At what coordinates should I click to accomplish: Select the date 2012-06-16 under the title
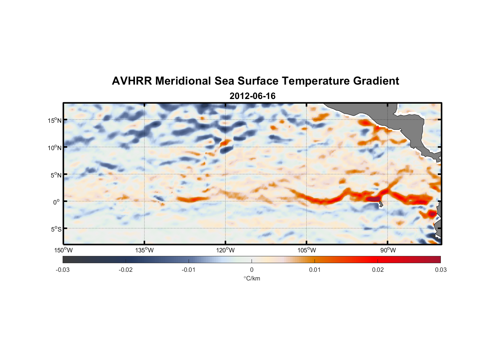(252, 96)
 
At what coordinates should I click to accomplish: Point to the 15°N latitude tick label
(55, 120)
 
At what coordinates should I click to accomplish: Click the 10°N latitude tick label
(55, 148)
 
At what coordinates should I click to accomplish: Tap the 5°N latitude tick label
(56, 175)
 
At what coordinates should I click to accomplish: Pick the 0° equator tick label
(56, 202)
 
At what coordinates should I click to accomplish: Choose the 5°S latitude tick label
(56, 229)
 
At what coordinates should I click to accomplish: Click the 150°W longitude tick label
(64, 250)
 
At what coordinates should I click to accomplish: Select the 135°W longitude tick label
(144, 250)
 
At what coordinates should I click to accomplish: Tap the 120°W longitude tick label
(225, 250)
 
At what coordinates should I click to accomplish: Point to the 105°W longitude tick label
(307, 250)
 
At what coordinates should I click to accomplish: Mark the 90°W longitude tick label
(388, 250)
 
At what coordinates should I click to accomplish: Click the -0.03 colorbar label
(63, 270)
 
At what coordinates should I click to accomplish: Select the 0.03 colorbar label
(440, 270)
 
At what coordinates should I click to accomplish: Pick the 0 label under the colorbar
(252, 270)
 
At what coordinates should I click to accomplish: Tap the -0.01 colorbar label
(189, 270)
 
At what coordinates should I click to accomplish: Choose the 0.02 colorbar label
(378, 270)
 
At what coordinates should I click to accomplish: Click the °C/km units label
(252, 278)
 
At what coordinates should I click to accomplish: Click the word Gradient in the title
(376, 81)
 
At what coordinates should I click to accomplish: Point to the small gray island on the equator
(380, 205)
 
